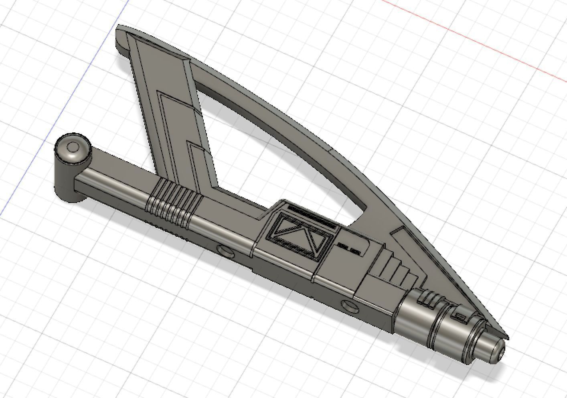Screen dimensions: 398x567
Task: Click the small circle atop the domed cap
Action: (x=73, y=148)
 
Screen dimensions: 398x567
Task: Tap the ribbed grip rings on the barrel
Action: (x=172, y=201)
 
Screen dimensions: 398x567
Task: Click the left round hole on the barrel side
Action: (x=225, y=252)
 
